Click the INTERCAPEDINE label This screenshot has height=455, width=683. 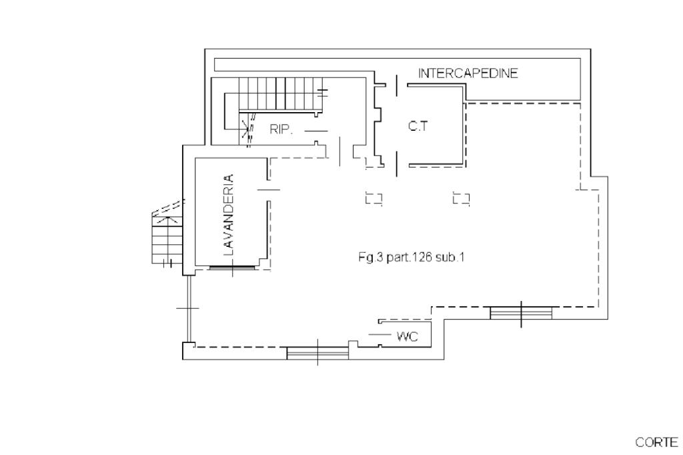click(468, 73)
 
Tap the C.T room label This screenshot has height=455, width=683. click(418, 126)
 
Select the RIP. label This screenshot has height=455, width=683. click(281, 129)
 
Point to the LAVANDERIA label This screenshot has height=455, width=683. click(228, 215)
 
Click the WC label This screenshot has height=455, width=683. click(408, 336)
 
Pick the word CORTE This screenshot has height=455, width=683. click(656, 442)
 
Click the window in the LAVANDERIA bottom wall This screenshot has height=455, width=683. click(231, 267)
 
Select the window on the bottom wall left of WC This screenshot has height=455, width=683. click(317, 353)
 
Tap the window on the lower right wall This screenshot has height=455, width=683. click(521, 313)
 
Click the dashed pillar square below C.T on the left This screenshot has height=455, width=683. click(374, 198)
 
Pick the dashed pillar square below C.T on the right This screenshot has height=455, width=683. click(461, 198)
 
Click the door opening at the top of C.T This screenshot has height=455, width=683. click(396, 85)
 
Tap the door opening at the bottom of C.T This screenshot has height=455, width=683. click(396, 164)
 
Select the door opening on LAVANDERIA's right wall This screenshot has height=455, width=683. click(268, 189)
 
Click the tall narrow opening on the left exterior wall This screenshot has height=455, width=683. click(189, 308)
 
